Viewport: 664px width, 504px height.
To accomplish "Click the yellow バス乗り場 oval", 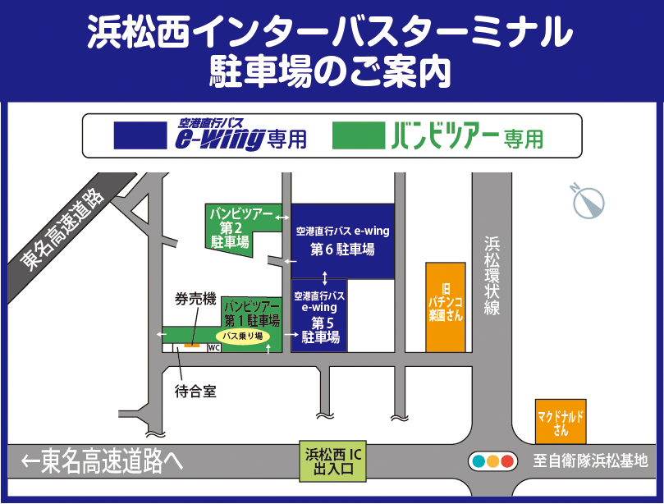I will pos(242,337).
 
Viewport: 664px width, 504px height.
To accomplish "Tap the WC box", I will pos(214,348).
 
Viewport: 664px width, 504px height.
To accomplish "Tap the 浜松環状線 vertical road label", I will pos(492,276).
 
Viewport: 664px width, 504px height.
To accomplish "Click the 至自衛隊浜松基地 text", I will pos(589,460).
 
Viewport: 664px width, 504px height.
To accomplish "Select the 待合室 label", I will pos(195,392).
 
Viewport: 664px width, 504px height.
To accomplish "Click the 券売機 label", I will pos(195,299).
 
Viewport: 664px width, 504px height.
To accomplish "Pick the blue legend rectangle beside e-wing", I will pos(140,136).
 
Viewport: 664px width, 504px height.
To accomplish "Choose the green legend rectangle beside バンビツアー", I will pos(359,136).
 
